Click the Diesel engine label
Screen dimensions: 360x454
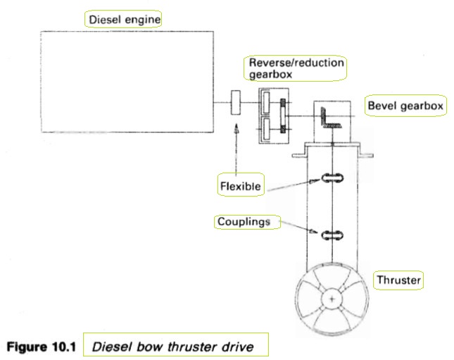pyautogui.click(x=123, y=19)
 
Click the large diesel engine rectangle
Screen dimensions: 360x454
pyautogui.click(x=127, y=81)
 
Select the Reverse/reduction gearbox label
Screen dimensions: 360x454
pyautogui.click(x=296, y=68)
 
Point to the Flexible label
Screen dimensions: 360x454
pyautogui.click(x=240, y=187)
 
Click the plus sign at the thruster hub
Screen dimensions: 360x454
pyautogui.click(x=331, y=299)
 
